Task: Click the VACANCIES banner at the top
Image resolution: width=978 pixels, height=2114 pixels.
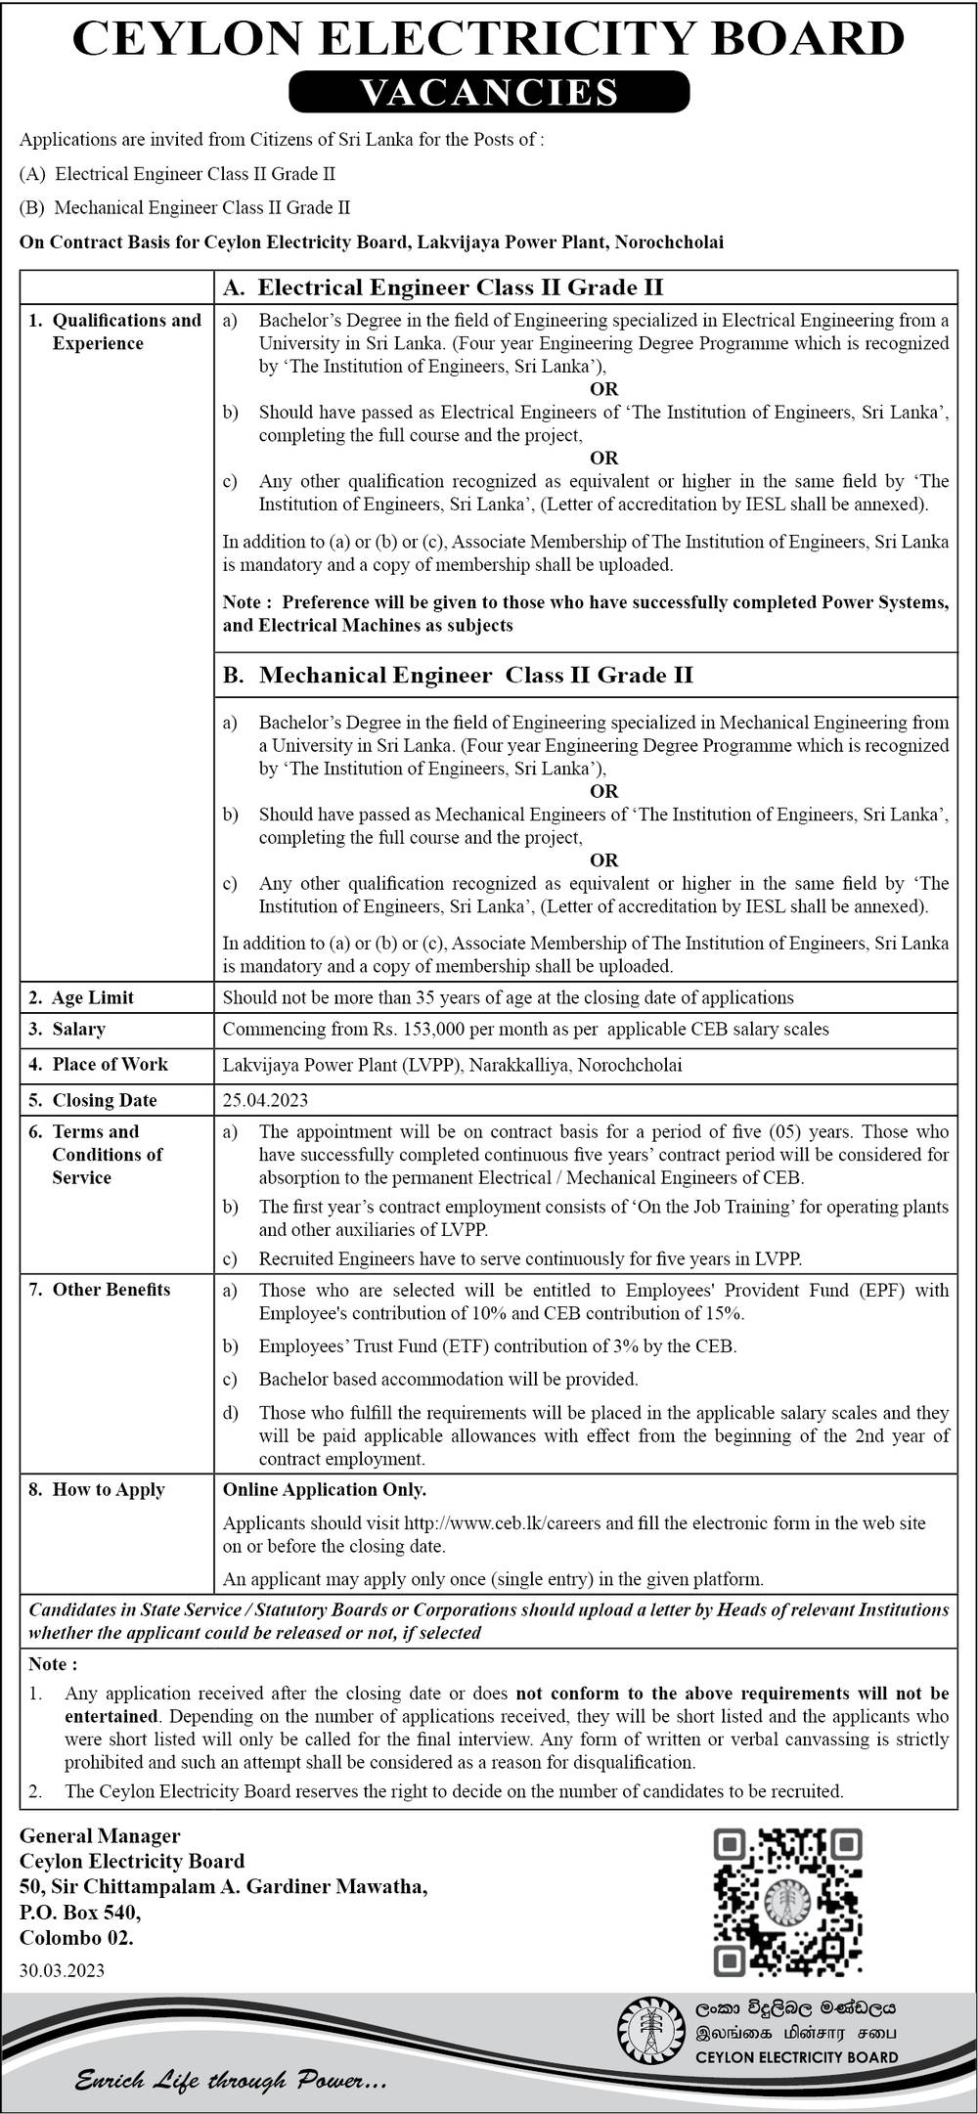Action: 489,92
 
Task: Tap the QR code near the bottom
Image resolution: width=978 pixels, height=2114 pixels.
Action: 788,1900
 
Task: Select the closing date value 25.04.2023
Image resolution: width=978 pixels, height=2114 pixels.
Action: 265,1100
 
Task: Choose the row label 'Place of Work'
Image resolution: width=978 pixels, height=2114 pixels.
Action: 110,1064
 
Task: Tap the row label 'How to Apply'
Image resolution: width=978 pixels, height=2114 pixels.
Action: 108,1489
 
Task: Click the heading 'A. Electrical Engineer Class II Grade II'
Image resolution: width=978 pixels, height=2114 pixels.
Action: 443,287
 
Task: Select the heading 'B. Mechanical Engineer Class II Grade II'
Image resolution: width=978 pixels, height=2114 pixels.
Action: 458,675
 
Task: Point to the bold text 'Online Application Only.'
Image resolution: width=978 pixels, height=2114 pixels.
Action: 325,1489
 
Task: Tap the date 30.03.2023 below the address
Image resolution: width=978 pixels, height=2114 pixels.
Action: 62,1970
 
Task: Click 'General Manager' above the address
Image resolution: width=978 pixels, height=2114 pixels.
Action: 100,1835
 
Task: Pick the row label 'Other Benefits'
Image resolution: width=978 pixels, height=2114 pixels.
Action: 111,1290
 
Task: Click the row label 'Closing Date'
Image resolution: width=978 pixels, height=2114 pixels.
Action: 104,1100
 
